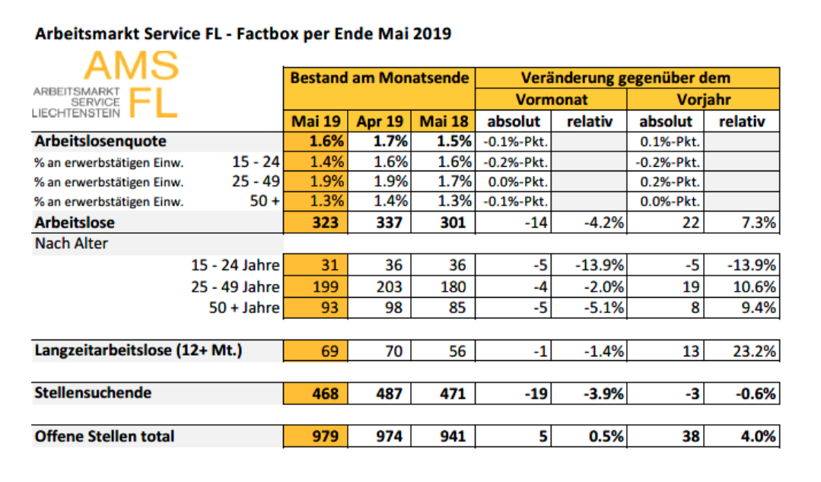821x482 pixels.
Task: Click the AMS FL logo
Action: click(x=106, y=85)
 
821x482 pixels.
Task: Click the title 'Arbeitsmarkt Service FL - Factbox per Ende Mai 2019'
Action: click(x=243, y=34)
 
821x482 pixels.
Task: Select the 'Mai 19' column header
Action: click(x=314, y=121)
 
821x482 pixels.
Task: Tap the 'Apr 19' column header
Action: click(x=378, y=121)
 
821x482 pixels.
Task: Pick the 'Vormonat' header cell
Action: click(x=551, y=100)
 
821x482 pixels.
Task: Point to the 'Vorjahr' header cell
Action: click(x=703, y=100)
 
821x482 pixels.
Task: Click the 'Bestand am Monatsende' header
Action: click(x=379, y=78)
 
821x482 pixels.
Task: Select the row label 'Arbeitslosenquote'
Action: click(x=100, y=142)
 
